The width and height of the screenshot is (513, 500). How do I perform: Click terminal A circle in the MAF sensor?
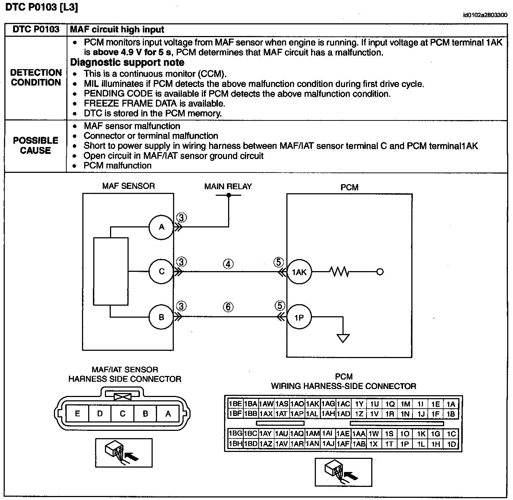[x=161, y=227]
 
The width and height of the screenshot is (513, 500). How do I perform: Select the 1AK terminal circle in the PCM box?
[x=299, y=272]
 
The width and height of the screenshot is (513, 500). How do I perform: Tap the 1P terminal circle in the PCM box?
[x=299, y=318]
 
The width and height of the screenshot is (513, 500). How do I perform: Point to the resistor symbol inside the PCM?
[x=339, y=271]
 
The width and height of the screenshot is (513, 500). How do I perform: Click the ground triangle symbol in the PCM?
[x=343, y=338]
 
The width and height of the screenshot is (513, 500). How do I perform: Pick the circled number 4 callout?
[x=228, y=264]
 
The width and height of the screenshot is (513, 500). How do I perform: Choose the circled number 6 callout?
[x=228, y=307]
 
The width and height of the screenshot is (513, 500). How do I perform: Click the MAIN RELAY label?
[x=228, y=186]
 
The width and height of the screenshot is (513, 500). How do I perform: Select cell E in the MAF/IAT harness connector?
[x=77, y=414]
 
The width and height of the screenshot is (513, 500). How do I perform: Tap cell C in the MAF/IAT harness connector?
[x=122, y=414]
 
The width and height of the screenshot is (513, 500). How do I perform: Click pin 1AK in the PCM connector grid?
[x=313, y=404]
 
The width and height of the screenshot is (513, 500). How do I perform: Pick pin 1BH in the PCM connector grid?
[x=235, y=444]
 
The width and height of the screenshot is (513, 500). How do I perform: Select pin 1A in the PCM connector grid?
[x=451, y=404]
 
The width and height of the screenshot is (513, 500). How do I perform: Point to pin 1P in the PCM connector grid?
[x=405, y=444]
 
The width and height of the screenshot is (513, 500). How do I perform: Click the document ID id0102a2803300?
[x=485, y=15]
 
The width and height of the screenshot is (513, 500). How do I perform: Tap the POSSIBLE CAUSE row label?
[x=36, y=146]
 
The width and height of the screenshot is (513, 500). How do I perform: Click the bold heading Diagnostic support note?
[x=127, y=62]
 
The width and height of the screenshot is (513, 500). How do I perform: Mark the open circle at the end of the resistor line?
[x=380, y=272]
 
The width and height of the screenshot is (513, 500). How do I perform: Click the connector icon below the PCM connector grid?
[x=343, y=472]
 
